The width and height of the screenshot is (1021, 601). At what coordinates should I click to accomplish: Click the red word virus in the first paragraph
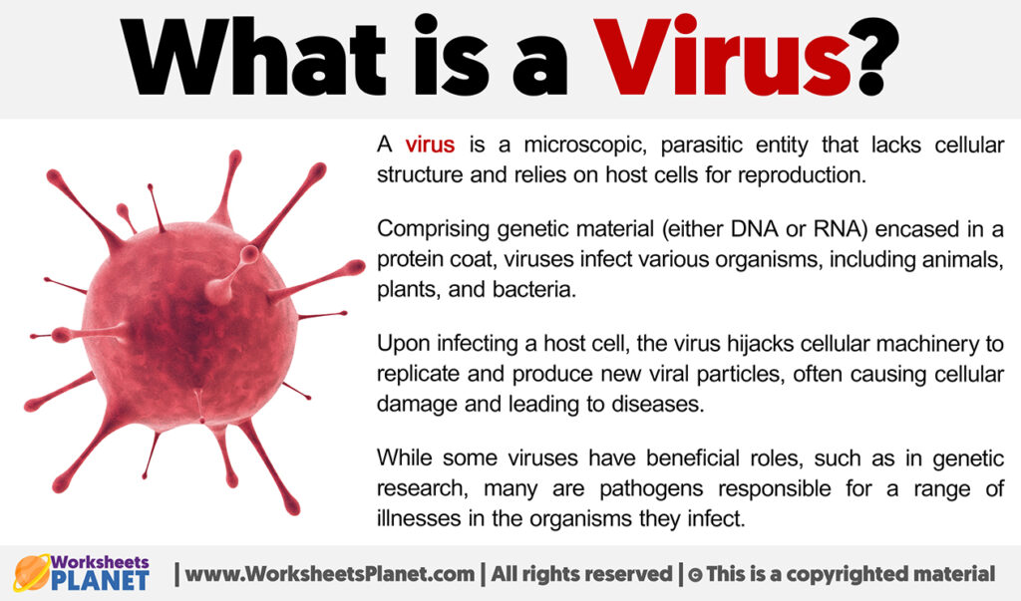(x=430, y=146)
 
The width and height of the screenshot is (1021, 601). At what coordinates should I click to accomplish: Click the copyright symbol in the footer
(x=694, y=575)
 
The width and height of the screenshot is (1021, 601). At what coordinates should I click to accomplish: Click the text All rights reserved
(x=588, y=574)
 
